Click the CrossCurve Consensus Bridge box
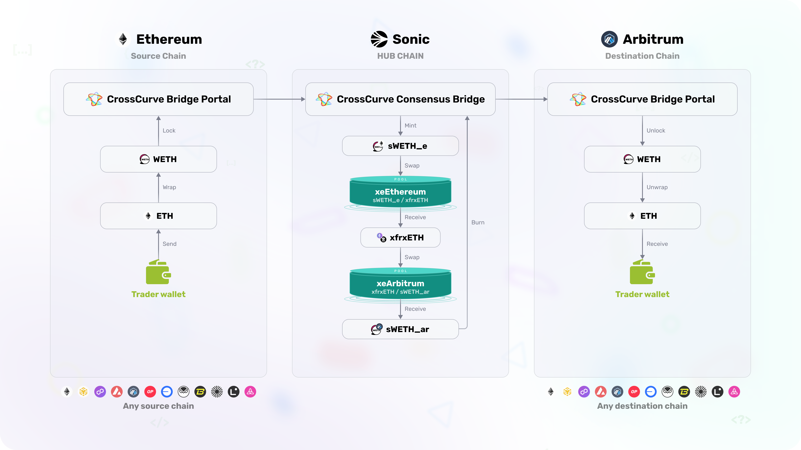click(x=400, y=99)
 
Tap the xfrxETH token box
click(x=400, y=237)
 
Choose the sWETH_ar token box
click(x=400, y=329)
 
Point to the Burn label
click(x=478, y=222)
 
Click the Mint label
click(x=411, y=125)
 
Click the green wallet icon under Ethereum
click(x=158, y=272)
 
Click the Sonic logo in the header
click(x=379, y=39)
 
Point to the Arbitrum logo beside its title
click(x=609, y=39)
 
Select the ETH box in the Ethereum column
click(x=158, y=216)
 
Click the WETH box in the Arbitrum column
click(x=642, y=159)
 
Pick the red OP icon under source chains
click(x=150, y=392)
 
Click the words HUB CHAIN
click(x=400, y=56)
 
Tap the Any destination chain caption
click(x=642, y=406)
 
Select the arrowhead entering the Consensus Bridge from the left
click(x=303, y=99)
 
